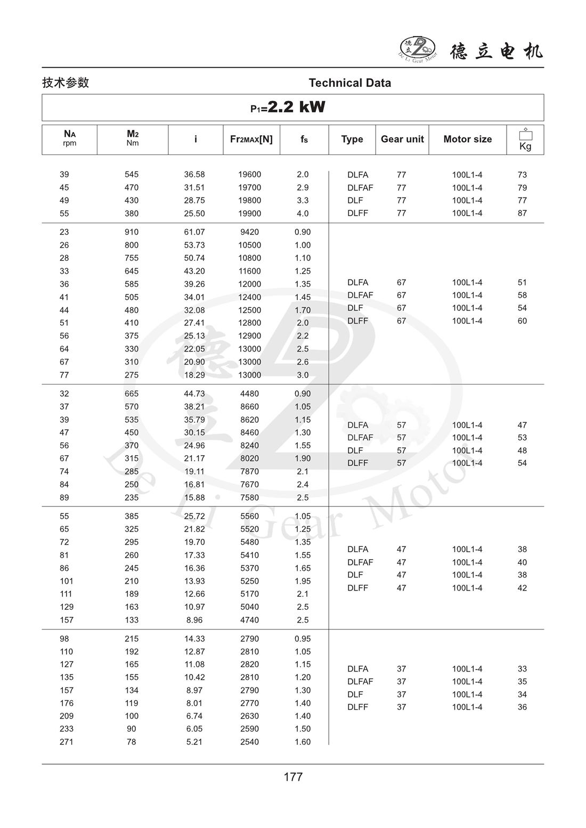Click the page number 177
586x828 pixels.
pyautogui.click(x=293, y=777)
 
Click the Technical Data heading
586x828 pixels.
pyautogui.click(x=349, y=83)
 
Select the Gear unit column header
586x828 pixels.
pyautogui.click(x=402, y=139)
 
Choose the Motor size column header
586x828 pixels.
pyautogui.click(x=467, y=139)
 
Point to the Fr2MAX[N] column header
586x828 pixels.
pyautogui.click(x=251, y=139)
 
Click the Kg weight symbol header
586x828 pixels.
pyautogui.click(x=525, y=140)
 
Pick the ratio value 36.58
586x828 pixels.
pyautogui.click(x=194, y=175)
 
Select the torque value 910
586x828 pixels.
pyautogui.click(x=131, y=232)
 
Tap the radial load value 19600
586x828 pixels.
pyautogui.click(x=249, y=175)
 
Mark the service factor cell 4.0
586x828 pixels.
pyautogui.click(x=303, y=214)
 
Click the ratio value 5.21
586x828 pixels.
pyautogui.click(x=194, y=742)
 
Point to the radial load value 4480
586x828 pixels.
pyautogui.click(x=249, y=394)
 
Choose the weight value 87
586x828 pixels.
pyautogui.click(x=522, y=213)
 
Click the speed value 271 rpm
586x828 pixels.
pyautogui.click(x=66, y=742)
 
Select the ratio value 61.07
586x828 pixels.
pyautogui.click(x=194, y=232)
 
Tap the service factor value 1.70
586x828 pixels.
pyautogui.click(x=303, y=310)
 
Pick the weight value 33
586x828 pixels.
pyautogui.click(x=522, y=669)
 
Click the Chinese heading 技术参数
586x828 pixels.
pyautogui.click(x=66, y=83)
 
